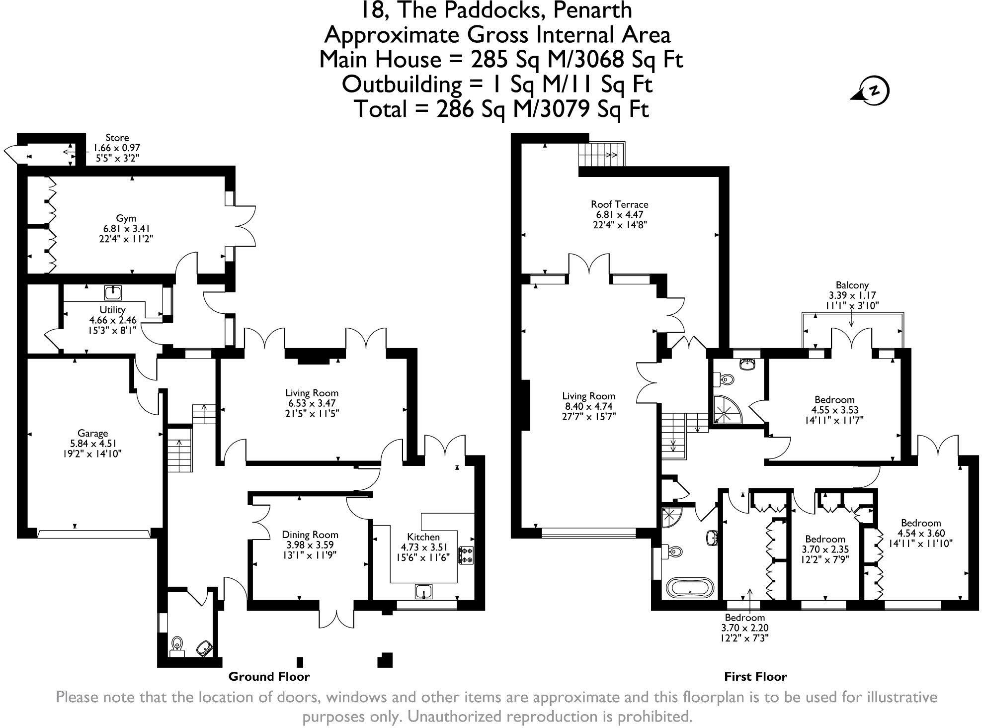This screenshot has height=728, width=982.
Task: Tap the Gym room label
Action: tap(126, 218)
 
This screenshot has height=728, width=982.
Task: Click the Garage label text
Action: tap(92, 433)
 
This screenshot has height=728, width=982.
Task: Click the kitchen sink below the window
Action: tap(423, 592)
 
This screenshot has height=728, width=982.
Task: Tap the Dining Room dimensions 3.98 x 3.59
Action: tap(310, 545)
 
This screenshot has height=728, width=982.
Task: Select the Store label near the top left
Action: tap(117, 138)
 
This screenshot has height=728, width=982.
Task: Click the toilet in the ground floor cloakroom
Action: tap(177, 645)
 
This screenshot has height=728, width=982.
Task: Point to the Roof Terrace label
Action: tap(619, 204)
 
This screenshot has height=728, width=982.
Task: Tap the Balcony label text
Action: tap(852, 285)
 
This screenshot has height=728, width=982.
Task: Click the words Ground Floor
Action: tap(269, 677)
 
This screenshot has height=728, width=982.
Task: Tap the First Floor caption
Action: tap(755, 677)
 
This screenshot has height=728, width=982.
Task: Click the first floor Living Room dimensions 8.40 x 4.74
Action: tap(588, 406)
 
